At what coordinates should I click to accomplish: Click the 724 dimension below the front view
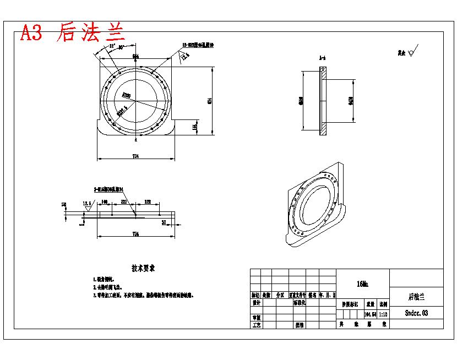(135, 157)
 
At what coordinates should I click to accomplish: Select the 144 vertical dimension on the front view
(194, 127)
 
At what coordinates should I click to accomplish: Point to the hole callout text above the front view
(198, 46)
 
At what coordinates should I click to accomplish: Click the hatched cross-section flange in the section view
(324, 101)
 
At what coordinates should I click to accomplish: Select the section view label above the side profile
(323, 58)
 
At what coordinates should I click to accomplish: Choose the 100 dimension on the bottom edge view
(104, 202)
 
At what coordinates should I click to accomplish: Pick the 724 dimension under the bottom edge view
(135, 234)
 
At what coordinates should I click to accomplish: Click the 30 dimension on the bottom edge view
(164, 222)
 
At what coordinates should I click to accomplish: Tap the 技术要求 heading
(143, 268)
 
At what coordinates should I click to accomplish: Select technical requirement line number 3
(143, 296)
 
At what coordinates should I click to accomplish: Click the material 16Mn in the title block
(362, 284)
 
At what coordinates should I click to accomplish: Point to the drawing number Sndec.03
(416, 313)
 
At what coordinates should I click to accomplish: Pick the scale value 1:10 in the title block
(383, 314)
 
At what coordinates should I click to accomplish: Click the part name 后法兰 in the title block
(416, 297)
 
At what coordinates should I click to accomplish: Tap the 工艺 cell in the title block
(256, 325)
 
